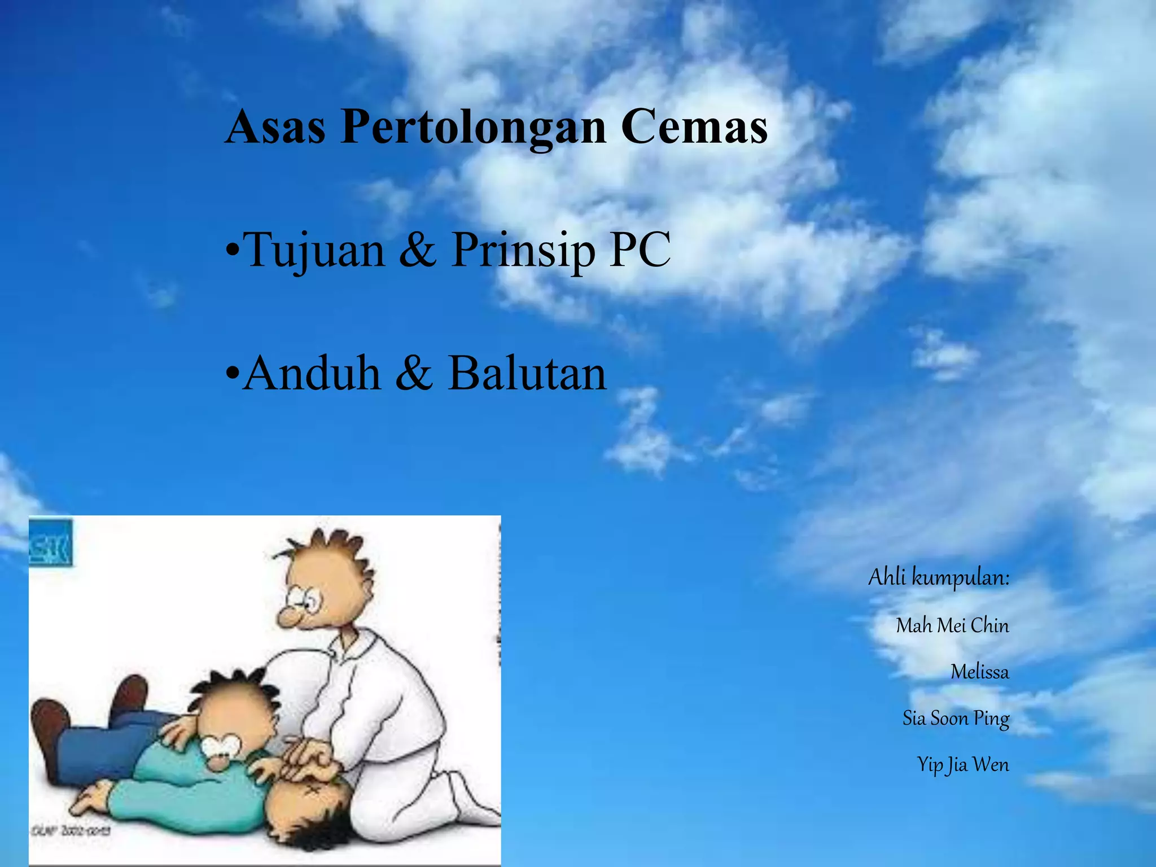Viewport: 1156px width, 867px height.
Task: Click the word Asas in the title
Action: tap(275, 126)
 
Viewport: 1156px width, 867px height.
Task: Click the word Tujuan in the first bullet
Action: tap(315, 251)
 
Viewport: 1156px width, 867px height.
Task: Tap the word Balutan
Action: tap(527, 374)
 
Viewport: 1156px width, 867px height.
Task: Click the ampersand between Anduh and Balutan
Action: tap(414, 374)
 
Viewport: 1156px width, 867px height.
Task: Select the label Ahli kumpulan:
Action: tap(938, 578)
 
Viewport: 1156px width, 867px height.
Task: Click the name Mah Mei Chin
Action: tap(952, 625)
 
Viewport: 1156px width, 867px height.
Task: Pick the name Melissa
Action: tap(979, 672)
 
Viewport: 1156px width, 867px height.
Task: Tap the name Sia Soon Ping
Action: tap(956, 719)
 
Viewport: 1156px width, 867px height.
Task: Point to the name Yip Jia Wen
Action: tap(962, 765)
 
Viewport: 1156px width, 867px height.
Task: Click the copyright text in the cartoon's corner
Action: tap(70, 831)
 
